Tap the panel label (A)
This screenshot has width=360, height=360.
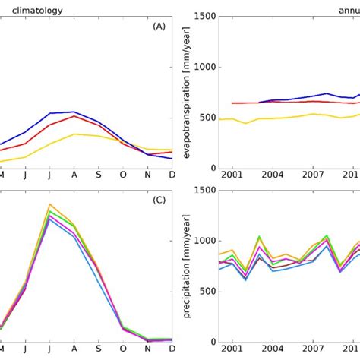pos(158,26)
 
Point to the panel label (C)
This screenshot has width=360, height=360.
pos(158,201)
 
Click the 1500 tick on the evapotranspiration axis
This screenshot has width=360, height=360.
pos(207,15)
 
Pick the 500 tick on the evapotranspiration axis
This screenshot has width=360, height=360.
pos(210,118)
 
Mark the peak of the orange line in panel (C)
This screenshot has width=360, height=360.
pos(49,204)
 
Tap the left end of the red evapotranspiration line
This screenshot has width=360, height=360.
pos(232,103)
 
